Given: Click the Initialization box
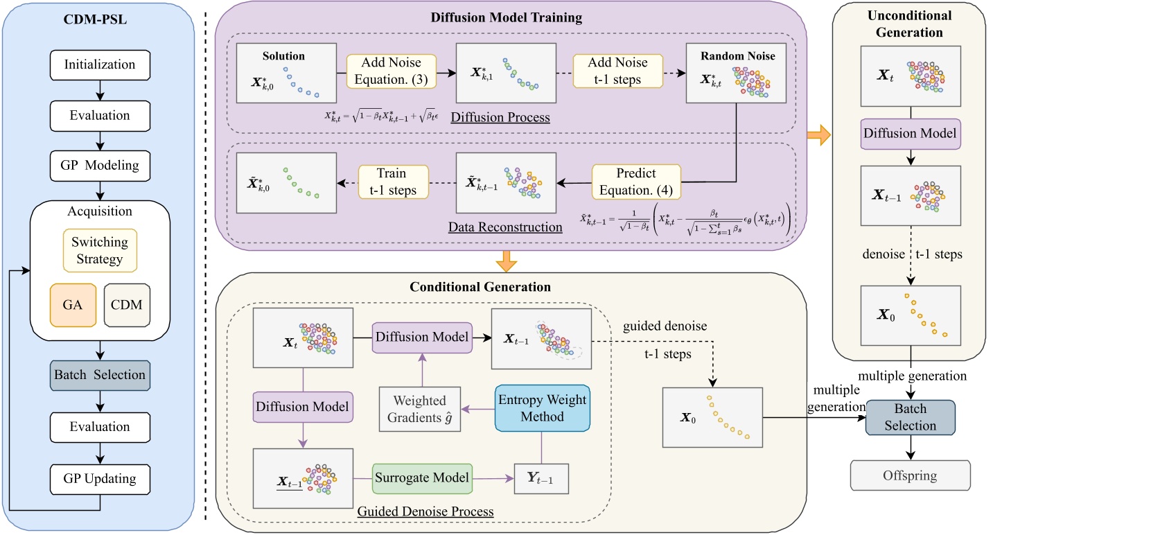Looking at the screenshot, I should pyautogui.click(x=100, y=64).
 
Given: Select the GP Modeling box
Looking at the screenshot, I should pyautogui.click(x=100, y=166).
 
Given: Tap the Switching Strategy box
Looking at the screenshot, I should pyautogui.click(x=100, y=250).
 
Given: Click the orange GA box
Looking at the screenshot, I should pyautogui.click(x=73, y=305).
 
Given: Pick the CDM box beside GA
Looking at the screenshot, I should pyautogui.click(x=127, y=305).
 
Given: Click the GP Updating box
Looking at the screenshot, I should pyautogui.click(x=100, y=479).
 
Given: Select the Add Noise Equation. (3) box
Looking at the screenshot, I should pyautogui.click(x=392, y=71).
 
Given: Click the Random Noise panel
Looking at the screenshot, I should pyautogui.click(x=736, y=73).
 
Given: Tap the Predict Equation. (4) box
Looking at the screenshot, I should pyautogui.click(x=636, y=182).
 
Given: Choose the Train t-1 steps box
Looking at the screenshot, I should pyautogui.click(x=393, y=182).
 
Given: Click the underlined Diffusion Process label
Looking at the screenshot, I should pyautogui.click(x=500, y=118).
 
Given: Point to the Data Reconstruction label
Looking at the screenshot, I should pyautogui.click(x=505, y=227).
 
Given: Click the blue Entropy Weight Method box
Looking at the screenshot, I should pyautogui.click(x=542, y=408).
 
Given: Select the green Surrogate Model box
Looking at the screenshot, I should pyautogui.click(x=422, y=478).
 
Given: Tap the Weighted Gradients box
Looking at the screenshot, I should pyautogui.click(x=420, y=410).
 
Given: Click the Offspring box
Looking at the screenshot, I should pyautogui.click(x=910, y=475).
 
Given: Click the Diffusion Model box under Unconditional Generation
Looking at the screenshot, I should pyautogui.click(x=910, y=134).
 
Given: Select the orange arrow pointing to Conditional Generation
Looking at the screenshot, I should pyautogui.click(x=507, y=261).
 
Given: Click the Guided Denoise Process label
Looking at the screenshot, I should pyautogui.click(x=425, y=511).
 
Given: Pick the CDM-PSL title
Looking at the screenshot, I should pyautogui.click(x=96, y=19).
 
